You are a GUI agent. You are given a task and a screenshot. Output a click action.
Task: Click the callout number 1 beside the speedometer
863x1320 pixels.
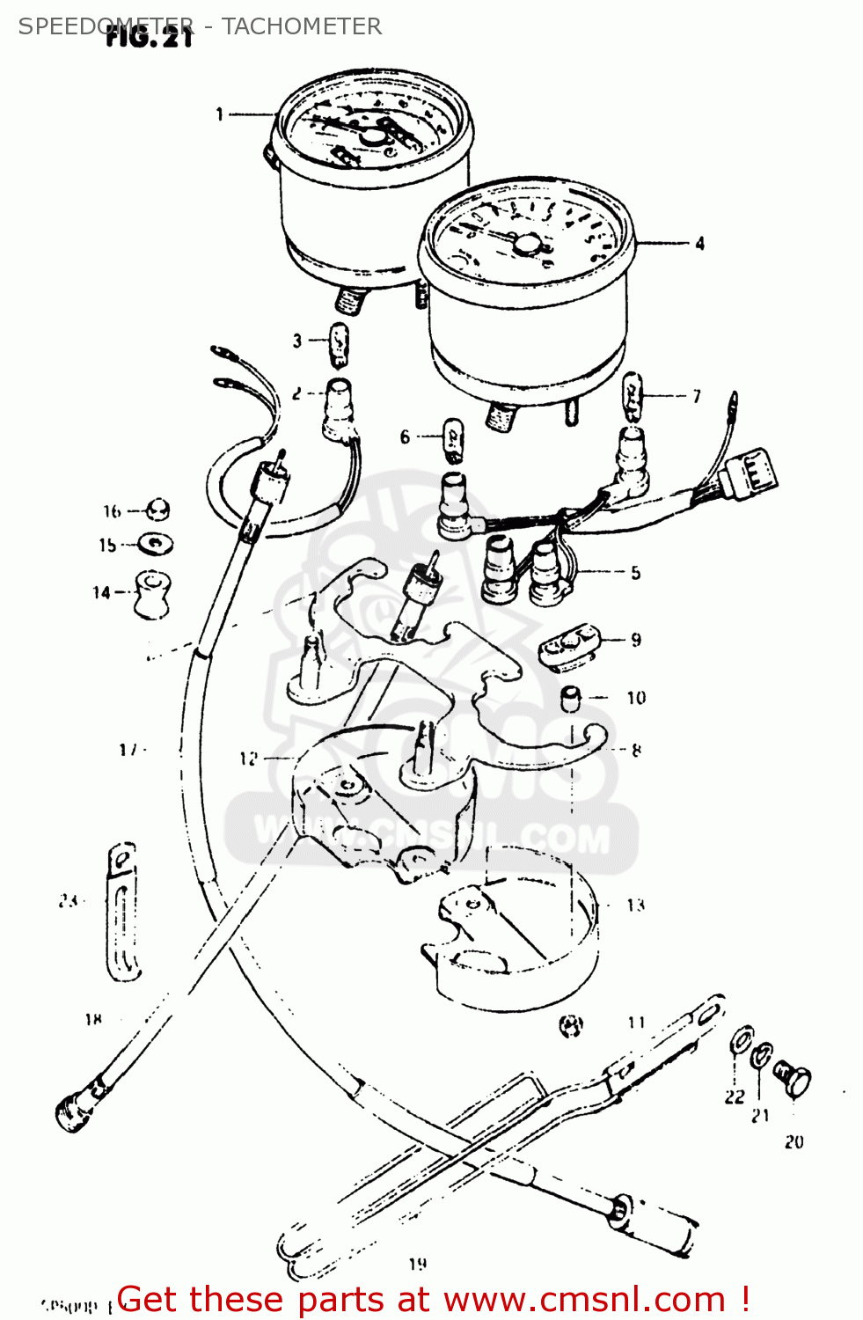[220, 114]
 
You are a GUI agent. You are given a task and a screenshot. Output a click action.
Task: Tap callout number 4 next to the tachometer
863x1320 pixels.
[699, 244]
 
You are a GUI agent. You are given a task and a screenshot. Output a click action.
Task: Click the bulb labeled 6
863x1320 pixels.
[452, 440]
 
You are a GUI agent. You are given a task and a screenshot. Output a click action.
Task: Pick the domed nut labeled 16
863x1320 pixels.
[157, 510]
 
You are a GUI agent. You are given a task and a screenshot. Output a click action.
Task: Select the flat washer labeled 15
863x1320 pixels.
[157, 545]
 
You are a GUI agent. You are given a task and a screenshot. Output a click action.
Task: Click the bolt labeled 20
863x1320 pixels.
[794, 1078]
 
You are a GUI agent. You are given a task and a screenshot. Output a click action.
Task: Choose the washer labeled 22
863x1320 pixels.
[741, 1039]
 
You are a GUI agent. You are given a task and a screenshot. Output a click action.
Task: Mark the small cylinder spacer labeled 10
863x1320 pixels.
[572, 699]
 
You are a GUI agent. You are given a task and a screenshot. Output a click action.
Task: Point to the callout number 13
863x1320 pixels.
[635, 905]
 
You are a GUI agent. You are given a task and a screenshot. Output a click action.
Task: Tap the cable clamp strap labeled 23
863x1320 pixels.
[122, 912]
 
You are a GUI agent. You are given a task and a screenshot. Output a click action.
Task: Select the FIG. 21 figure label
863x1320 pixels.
[149, 37]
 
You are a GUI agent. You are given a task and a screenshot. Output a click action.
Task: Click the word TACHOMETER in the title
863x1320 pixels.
[302, 26]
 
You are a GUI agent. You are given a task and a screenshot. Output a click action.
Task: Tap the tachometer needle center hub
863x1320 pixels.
[526, 245]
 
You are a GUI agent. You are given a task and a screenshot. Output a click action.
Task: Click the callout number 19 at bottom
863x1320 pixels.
[418, 1264]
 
